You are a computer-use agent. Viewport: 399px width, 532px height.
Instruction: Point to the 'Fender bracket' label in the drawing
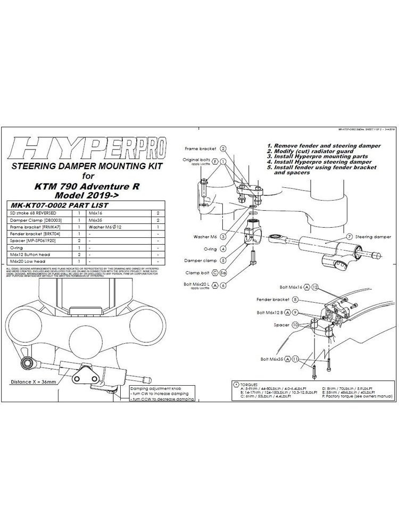point(273,300)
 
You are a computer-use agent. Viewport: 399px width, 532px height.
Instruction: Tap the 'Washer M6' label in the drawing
point(201,235)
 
